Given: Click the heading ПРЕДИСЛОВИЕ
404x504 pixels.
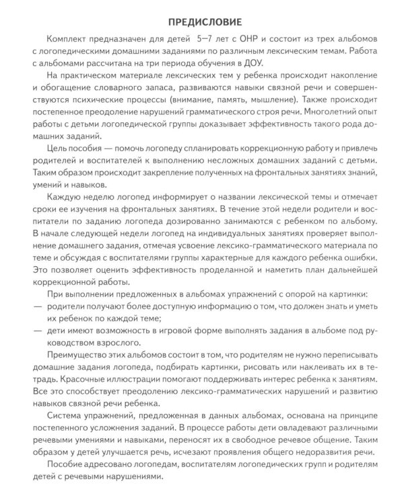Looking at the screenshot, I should tap(202, 12).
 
